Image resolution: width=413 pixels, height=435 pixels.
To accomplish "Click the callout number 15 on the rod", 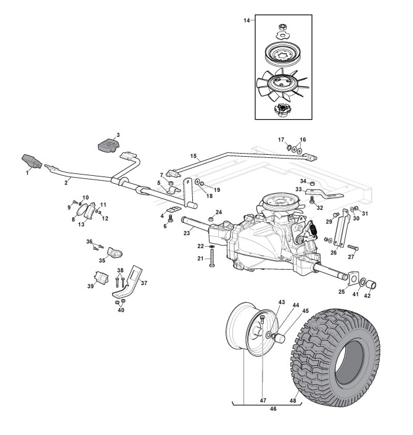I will [194, 157].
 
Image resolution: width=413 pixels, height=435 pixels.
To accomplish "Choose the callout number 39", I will [89, 286].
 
